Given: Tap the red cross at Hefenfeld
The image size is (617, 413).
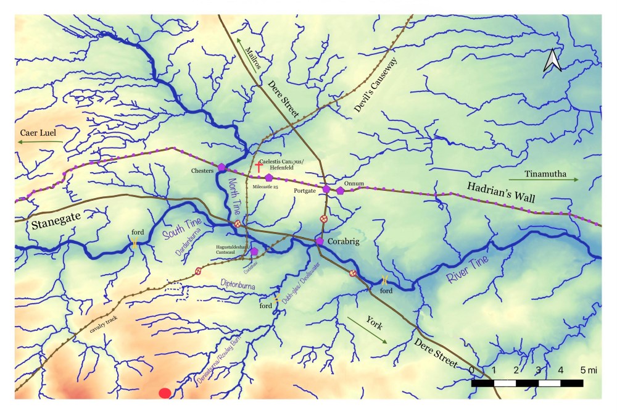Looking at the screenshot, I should click(x=259, y=167).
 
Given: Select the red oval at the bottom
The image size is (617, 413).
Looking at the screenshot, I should click(x=165, y=393).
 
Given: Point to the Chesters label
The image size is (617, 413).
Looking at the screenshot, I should click(x=202, y=170).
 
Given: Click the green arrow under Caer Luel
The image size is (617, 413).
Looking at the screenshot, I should click(x=40, y=142).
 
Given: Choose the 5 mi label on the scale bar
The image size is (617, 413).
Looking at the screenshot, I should click(x=589, y=370).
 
